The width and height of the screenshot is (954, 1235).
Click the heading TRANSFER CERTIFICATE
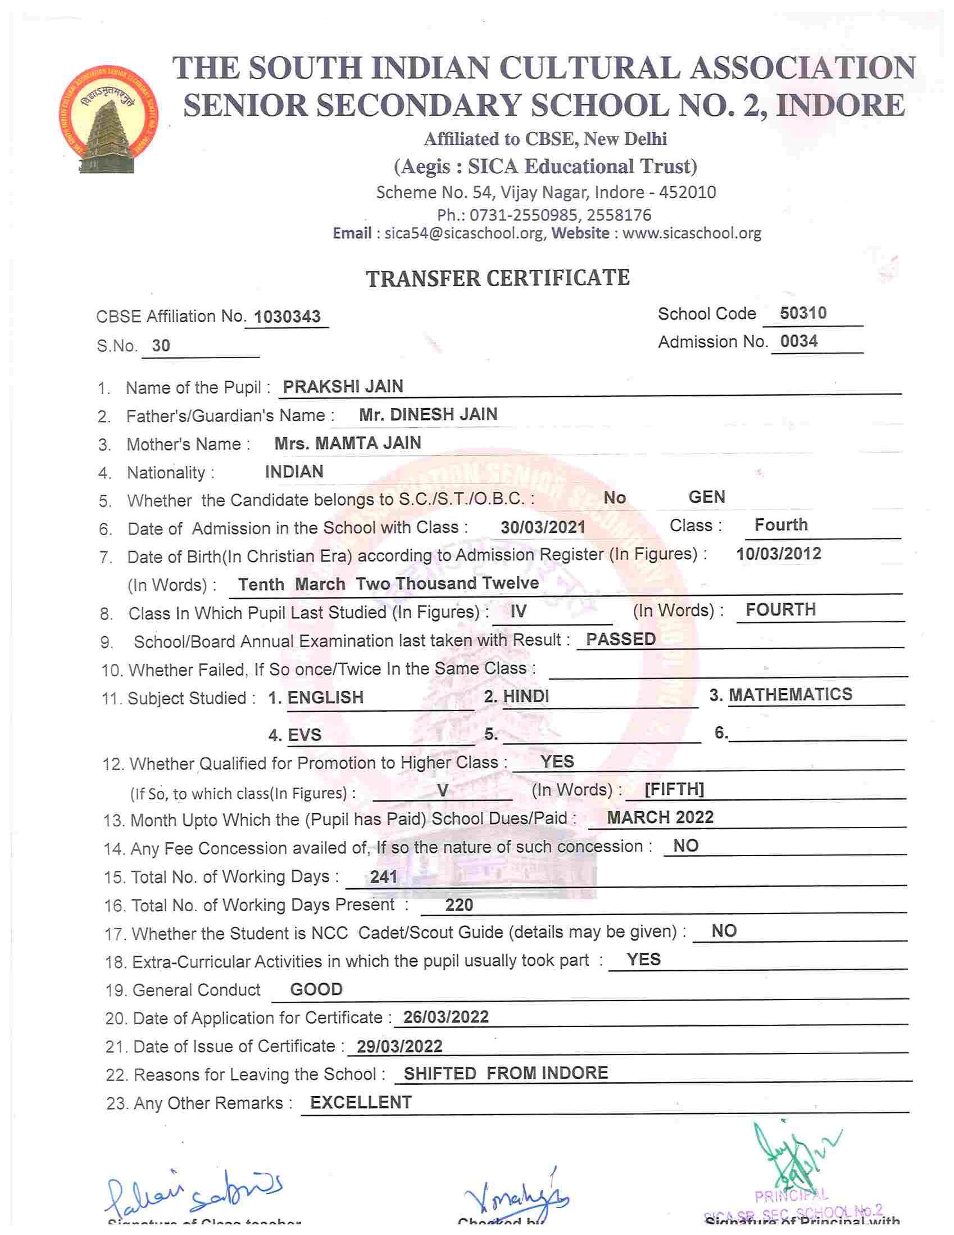point(497,278)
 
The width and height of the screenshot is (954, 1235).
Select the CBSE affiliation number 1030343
point(287,316)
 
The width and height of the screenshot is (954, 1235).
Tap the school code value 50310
point(802,313)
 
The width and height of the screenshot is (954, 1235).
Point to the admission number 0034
point(798,341)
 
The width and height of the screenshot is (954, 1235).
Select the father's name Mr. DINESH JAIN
point(428,414)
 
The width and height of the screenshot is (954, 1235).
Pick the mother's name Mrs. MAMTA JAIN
point(348,443)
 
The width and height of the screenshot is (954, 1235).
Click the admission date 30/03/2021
point(543,527)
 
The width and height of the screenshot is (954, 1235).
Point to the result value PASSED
point(621,639)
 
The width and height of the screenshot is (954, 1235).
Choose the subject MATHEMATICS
point(790,694)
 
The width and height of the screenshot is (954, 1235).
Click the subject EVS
point(304,735)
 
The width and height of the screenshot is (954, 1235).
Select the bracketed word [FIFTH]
point(674,789)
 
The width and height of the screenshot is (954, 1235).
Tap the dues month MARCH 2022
point(660,817)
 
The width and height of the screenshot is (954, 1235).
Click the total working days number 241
point(384,877)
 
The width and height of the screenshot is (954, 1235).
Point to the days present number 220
point(459,906)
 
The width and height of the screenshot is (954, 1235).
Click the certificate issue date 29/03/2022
point(399,1047)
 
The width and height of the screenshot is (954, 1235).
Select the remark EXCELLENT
point(361,1102)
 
